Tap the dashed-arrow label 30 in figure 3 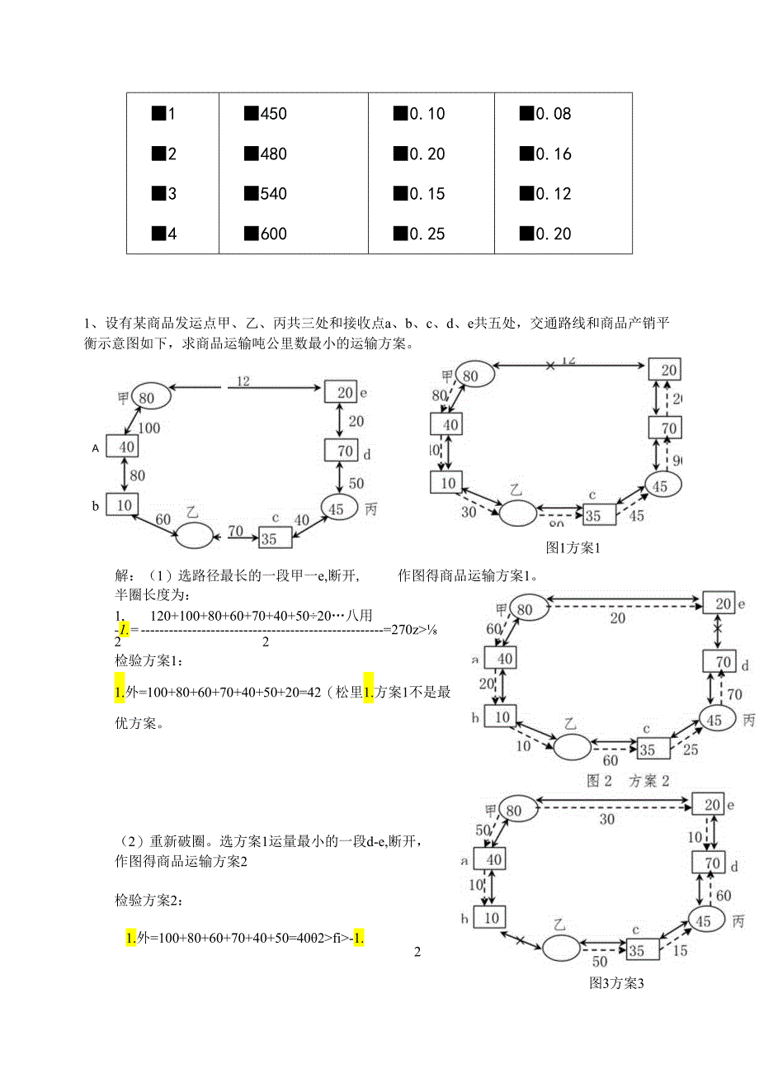(607, 820)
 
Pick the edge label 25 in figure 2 (691, 750)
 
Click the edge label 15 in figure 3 (681, 951)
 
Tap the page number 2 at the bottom (417, 953)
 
